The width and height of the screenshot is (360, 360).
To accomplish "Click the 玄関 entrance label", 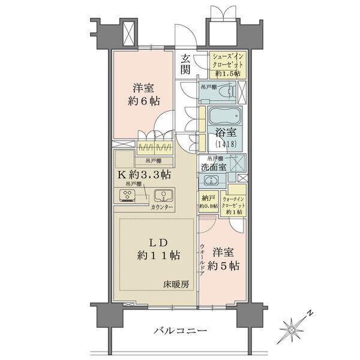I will [x=186, y=64].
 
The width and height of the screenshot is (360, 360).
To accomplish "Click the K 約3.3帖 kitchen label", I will [x=143, y=175].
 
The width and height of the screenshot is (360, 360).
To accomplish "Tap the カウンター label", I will [x=161, y=208].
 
